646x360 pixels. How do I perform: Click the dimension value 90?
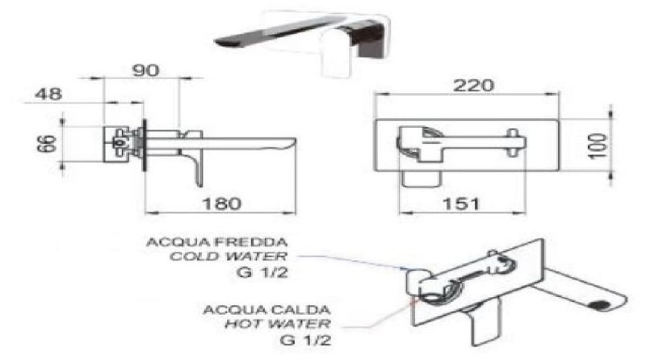(x=146, y=70)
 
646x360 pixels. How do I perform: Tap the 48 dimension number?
(x=48, y=94)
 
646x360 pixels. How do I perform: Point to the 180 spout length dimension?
(x=221, y=203)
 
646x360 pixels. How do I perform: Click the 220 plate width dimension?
(x=473, y=86)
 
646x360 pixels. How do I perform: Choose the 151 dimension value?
(x=461, y=204)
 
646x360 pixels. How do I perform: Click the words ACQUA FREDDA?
(x=216, y=242)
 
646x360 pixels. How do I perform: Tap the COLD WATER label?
(x=229, y=256)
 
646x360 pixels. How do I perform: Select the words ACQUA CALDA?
(x=266, y=309)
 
